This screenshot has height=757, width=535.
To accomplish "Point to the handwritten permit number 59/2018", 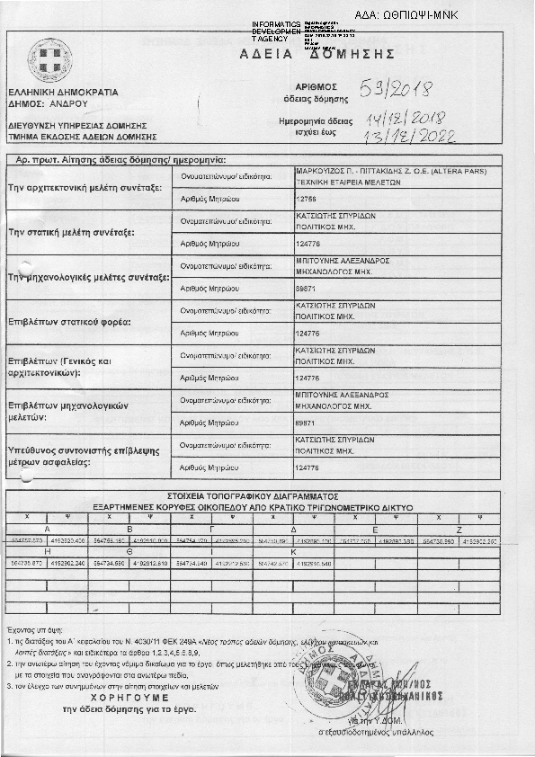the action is [397, 89].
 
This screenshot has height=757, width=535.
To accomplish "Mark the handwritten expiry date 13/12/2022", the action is [417, 136].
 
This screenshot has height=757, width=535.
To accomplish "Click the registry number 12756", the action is [307, 196].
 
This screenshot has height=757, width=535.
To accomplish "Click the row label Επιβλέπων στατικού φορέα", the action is [69, 321].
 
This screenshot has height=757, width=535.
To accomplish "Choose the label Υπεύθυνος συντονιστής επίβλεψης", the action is [83, 454].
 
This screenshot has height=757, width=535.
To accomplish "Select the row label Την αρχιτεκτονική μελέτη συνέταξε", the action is [84, 188].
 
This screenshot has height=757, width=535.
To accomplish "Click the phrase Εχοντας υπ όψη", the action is [26, 632].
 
